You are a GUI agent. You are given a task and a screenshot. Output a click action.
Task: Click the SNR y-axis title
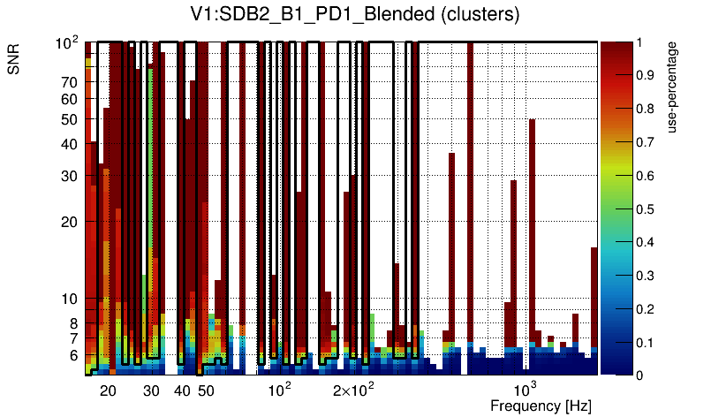[15, 60]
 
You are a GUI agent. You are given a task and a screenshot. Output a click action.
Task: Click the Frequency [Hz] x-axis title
[541, 406]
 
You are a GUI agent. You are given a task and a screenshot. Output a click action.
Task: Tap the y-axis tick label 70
[70, 83]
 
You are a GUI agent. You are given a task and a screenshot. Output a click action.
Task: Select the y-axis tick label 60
[70, 99]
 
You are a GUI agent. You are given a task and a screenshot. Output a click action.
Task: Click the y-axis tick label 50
[70, 119]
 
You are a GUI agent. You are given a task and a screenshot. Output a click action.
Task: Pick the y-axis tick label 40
[70, 144]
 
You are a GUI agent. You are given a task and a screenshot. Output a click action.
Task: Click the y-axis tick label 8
[73, 323]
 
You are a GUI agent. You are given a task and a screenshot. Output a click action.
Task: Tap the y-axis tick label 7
[73, 338]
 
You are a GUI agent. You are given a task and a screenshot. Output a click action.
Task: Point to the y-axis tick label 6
[73, 355]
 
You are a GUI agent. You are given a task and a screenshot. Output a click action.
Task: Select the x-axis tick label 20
[108, 390]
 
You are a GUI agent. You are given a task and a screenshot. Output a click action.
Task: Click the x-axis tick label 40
[182, 390]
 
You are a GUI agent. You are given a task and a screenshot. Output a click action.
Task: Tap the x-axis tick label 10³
[526, 390]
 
